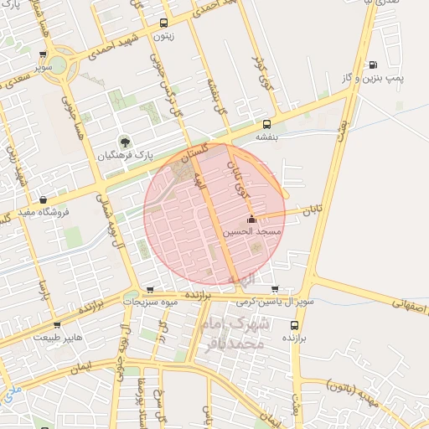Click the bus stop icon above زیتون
point(163,23)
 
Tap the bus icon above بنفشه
point(266,122)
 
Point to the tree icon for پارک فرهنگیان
point(125,142)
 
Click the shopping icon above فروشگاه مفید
point(43,199)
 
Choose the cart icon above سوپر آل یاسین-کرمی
point(275,289)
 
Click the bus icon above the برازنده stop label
point(293,323)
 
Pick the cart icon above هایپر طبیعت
point(57,325)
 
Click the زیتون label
point(164,37)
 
